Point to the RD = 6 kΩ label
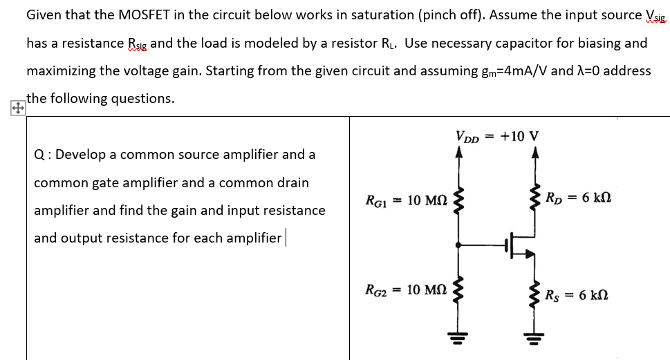pyautogui.click(x=577, y=198)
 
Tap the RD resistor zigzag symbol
pyautogui.click(x=534, y=198)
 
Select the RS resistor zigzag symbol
pyautogui.click(x=534, y=294)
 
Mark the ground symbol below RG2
pyautogui.click(x=457, y=338)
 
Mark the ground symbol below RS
pyautogui.click(x=534, y=338)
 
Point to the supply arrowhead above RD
pyautogui.click(x=534, y=154)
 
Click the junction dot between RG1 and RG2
pyautogui.click(x=457, y=244)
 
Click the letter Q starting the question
pyautogui.click(x=39, y=155)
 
